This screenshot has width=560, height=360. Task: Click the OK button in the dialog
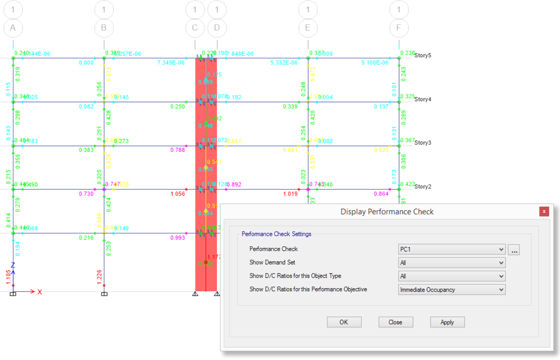[344, 322]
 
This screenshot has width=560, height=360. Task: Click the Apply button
[447, 322]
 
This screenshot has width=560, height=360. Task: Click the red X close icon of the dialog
[544, 211]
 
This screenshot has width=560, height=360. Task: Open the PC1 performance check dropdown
[451, 249]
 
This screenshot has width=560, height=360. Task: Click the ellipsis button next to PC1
[514, 250]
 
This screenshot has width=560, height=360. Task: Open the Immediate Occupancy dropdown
[451, 289]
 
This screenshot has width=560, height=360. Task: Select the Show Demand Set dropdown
[451, 263]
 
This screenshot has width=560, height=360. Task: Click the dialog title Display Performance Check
[387, 211]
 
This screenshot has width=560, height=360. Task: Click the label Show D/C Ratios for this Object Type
[295, 275]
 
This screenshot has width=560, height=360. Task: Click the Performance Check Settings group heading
[276, 234]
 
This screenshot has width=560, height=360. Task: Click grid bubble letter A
[13, 28]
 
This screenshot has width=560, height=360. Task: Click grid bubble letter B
[104, 28]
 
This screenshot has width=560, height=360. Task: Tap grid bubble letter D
[217, 28]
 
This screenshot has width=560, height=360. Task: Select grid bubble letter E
[308, 28]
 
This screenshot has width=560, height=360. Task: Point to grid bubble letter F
[399, 28]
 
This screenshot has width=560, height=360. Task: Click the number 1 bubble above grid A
[13, 9]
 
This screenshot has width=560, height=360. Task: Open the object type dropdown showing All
[451, 276]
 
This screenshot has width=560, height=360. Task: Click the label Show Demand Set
[272, 262]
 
